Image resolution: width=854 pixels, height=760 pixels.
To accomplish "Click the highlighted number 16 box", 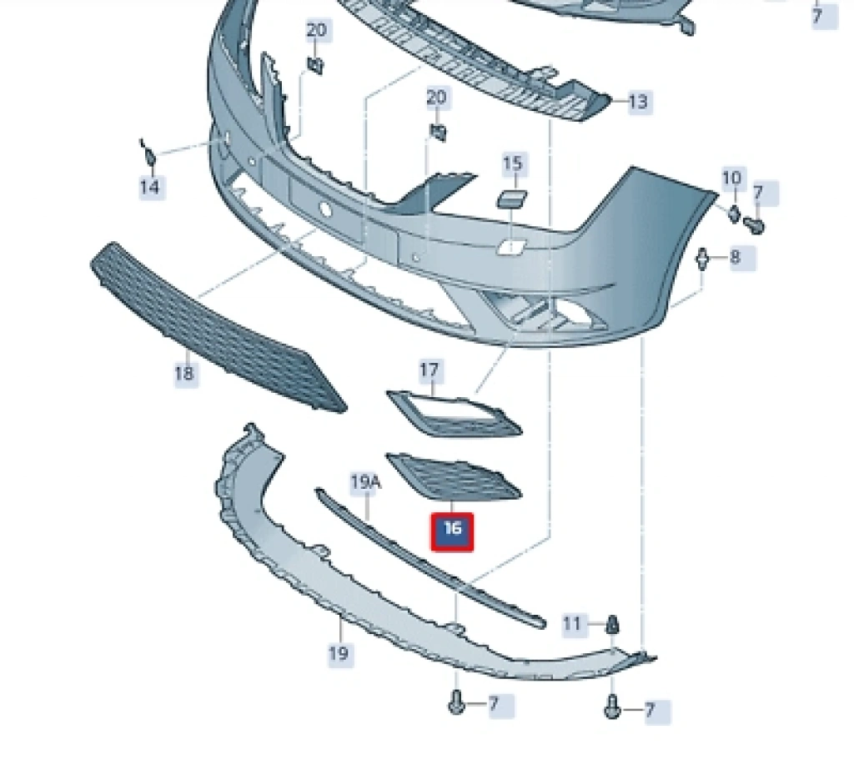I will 452,531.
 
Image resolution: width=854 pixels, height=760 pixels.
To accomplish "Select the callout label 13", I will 638,103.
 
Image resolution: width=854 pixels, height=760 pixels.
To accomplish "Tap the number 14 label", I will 149,187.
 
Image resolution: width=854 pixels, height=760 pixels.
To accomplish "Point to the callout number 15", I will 513,164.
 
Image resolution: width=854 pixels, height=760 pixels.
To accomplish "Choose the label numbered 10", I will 731,178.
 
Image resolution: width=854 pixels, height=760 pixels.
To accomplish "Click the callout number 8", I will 735,257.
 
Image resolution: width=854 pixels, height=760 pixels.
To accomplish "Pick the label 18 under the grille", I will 183,373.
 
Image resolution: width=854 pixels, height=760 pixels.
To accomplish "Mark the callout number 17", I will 430,370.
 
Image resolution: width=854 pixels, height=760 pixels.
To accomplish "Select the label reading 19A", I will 364,481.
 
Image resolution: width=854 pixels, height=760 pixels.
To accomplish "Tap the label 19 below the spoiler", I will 338,652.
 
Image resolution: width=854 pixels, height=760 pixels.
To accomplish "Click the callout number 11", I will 572,623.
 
